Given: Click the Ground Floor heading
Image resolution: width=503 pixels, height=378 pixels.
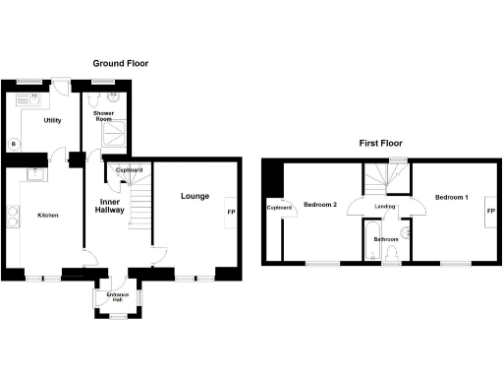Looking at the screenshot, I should point(121,63).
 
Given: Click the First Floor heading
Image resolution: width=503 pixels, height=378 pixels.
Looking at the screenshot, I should point(381,143).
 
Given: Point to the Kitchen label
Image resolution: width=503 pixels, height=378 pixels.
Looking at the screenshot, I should point(49,216).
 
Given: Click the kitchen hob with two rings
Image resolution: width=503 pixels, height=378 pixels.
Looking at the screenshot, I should point(13,216).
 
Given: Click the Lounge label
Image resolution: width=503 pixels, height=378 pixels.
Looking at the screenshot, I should point(194,197).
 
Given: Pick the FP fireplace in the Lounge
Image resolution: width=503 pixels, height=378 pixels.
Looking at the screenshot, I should point(232,213).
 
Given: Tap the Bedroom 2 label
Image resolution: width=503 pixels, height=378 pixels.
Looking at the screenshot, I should point(320,204).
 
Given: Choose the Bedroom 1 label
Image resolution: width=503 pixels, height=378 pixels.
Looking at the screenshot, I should point(452,198).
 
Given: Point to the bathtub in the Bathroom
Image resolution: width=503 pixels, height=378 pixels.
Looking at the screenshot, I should point(369,242).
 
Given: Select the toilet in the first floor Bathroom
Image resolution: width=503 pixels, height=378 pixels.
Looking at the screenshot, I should point(393,255).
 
